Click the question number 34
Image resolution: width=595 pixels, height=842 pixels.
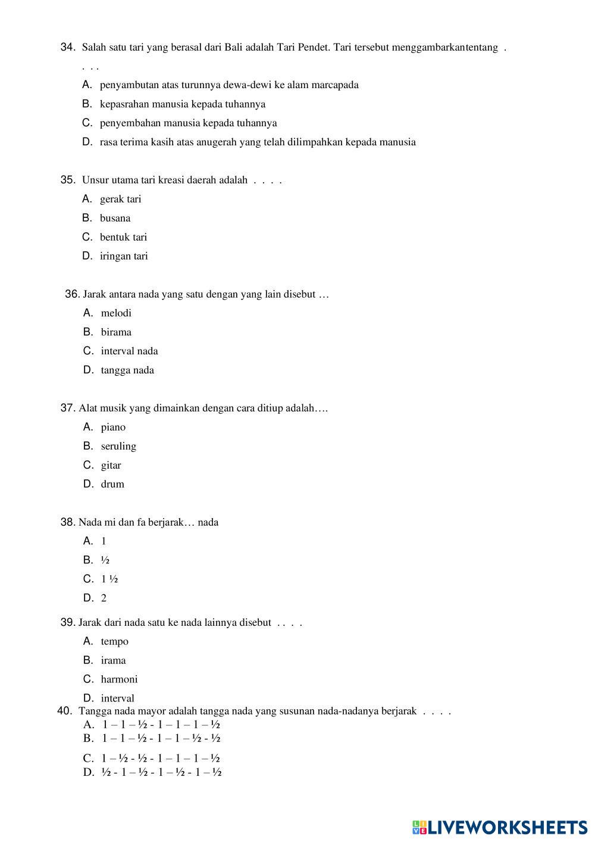(67, 47)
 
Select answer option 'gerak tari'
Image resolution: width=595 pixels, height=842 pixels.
(120, 199)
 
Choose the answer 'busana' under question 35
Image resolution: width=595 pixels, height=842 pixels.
(115, 218)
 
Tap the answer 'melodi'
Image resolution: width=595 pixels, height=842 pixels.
(116, 313)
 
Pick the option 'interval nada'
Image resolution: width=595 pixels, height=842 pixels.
(129, 351)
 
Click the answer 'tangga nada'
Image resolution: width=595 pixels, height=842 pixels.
(127, 370)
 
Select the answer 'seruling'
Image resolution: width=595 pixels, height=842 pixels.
(118, 446)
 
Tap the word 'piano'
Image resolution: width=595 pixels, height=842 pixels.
(113, 427)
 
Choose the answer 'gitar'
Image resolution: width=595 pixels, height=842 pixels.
(111, 465)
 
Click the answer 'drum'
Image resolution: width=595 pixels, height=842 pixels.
(112, 484)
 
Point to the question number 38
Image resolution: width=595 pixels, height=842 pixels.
(67, 522)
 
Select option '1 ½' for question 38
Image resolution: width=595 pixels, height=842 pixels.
(109, 579)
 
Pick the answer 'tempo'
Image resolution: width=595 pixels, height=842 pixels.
(114, 641)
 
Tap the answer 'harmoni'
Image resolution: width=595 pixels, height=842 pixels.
(119, 679)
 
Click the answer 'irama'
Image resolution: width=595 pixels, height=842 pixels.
(113, 660)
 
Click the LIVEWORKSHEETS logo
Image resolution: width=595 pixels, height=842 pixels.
(500, 827)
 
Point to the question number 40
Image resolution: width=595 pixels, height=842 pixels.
(65, 711)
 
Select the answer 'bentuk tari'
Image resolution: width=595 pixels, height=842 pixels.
(123, 237)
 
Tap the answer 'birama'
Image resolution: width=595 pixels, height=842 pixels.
(116, 332)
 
